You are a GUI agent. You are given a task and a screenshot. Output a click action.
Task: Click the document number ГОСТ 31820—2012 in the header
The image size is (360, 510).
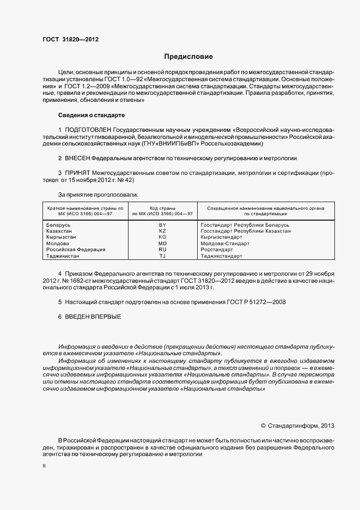point(70,39)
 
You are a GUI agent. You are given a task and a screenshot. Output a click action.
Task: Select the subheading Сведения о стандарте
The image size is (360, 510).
point(91,116)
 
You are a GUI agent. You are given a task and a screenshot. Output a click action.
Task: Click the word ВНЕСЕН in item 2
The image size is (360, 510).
point(77,157)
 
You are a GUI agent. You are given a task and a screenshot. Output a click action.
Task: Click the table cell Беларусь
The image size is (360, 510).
point(59,224)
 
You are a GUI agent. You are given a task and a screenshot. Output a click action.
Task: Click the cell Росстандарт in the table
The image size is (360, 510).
point(217,250)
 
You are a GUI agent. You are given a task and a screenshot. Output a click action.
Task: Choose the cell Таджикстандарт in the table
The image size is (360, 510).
point(222,256)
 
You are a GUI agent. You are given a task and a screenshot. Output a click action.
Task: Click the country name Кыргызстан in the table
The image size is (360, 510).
point(62,237)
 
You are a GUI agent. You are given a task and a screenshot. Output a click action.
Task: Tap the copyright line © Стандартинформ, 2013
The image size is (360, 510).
point(297,426)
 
